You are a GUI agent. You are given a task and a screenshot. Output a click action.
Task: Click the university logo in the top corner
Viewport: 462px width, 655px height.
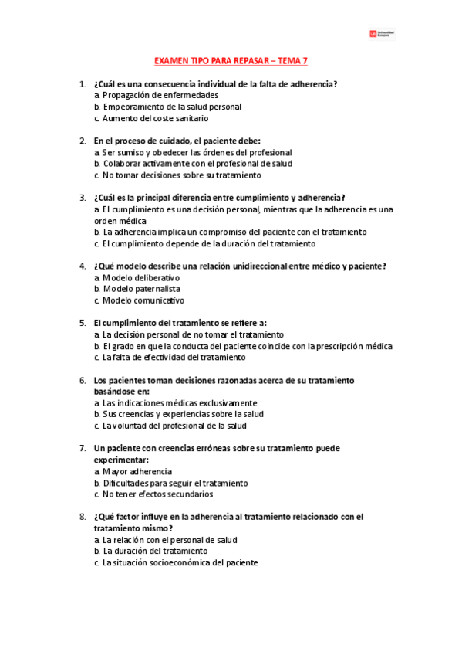coord(382,34)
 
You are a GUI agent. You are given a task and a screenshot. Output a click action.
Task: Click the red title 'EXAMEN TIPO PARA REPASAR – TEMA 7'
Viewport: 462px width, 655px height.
coord(231,60)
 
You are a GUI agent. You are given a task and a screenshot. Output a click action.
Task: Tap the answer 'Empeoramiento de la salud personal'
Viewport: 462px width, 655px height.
coord(171,107)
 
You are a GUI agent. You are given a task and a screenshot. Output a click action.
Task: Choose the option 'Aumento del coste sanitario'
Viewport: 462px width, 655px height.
coord(155,118)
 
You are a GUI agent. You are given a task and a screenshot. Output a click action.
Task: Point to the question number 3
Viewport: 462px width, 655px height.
coord(83,198)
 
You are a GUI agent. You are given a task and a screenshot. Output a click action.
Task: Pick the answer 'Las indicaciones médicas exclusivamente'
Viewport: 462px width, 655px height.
coord(180,402)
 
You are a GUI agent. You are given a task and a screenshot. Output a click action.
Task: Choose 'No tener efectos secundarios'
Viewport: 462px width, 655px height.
coord(157,494)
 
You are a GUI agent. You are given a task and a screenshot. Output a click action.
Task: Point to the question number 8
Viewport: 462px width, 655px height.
coord(83,516)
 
